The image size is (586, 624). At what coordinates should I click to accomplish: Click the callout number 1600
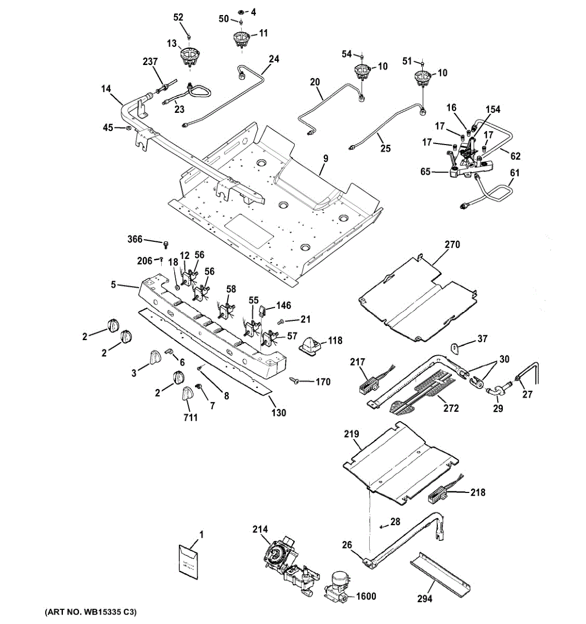[x=366, y=596]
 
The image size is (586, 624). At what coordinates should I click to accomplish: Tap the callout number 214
[x=260, y=529]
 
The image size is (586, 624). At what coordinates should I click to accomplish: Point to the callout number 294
[x=425, y=599]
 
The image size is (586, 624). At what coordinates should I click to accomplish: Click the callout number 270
[x=452, y=244]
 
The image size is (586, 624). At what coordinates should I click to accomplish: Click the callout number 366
[x=135, y=239]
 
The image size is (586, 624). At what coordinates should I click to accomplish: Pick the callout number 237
[x=150, y=62]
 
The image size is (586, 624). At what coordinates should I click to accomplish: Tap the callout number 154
[x=493, y=109]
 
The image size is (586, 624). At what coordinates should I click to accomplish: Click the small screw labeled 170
[x=295, y=382]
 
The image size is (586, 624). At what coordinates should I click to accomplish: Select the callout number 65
[x=425, y=171]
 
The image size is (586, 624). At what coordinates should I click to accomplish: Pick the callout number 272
[x=451, y=408]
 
